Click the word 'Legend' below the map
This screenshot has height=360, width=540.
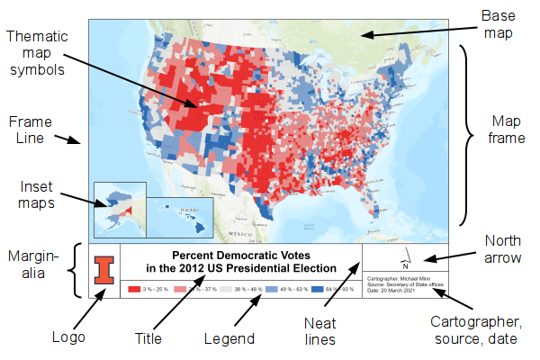(x=229, y=338)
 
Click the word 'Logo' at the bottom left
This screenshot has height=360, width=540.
(x=69, y=338)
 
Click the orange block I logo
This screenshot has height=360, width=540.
(x=106, y=270)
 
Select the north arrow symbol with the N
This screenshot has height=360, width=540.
(x=406, y=258)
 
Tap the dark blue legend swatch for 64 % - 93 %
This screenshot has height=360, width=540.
(x=315, y=289)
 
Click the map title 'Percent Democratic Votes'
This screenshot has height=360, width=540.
(x=240, y=256)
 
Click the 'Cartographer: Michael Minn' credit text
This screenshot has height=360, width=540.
(x=400, y=278)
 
